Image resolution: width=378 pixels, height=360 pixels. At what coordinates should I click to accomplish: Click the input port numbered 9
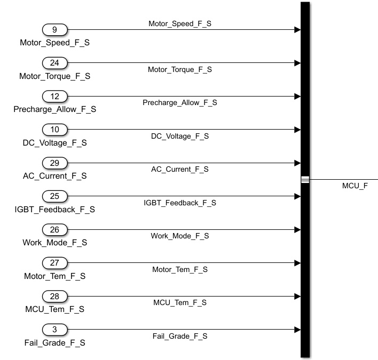click(x=54, y=30)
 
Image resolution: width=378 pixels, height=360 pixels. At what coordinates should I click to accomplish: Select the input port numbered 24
click(x=54, y=63)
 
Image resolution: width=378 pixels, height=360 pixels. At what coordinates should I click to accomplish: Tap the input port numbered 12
click(x=54, y=97)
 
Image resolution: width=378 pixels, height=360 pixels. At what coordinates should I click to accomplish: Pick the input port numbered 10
click(x=54, y=130)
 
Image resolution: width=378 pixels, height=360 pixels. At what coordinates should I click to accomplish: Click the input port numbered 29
click(x=54, y=163)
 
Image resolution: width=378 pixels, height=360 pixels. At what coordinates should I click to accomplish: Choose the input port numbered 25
click(x=54, y=196)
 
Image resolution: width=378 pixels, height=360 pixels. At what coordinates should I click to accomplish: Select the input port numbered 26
click(x=54, y=230)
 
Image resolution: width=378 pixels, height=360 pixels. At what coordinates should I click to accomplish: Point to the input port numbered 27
click(x=54, y=263)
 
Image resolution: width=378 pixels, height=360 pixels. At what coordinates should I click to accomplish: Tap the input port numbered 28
click(x=54, y=297)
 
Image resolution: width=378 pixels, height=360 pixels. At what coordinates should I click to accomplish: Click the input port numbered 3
click(x=54, y=330)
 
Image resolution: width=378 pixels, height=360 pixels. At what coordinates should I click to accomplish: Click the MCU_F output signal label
click(x=355, y=186)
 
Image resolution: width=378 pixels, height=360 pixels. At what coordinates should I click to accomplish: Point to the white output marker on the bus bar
click(x=305, y=180)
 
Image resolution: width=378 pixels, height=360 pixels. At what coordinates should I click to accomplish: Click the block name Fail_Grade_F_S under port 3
click(x=54, y=342)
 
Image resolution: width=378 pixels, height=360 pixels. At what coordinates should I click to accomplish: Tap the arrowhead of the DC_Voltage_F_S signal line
click(x=297, y=130)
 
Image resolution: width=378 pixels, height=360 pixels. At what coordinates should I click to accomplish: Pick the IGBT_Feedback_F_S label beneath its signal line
click(x=180, y=203)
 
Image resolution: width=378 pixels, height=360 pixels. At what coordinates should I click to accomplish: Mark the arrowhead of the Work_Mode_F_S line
click(x=297, y=230)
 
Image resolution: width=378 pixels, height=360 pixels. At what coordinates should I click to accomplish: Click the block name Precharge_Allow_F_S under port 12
click(x=54, y=109)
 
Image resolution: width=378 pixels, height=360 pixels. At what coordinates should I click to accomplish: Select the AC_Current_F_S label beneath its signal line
click(x=180, y=169)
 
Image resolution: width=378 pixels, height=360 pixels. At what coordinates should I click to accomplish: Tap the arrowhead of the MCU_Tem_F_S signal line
click(x=297, y=297)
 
